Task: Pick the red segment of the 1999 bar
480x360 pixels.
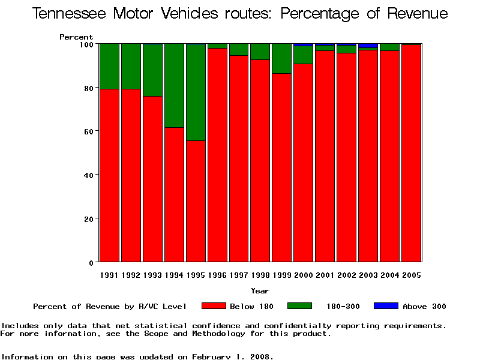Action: (x=282, y=167)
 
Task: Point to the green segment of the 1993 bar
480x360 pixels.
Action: (x=152, y=70)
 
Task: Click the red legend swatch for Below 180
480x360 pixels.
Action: (x=214, y=306)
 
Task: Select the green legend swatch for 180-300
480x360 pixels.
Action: (x=300, y=306)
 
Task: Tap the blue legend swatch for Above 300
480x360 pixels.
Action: (x=386, y=306)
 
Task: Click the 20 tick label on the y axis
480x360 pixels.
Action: (x=88, y=219)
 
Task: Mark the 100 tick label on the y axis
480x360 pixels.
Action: (x=86, y=44)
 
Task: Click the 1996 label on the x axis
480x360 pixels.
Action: (x=217, y=275)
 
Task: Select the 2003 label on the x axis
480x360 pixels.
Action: (x=368, y=275)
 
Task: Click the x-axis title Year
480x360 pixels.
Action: (x=260, y=291)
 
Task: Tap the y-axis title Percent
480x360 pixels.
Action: (x=76, y=37)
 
